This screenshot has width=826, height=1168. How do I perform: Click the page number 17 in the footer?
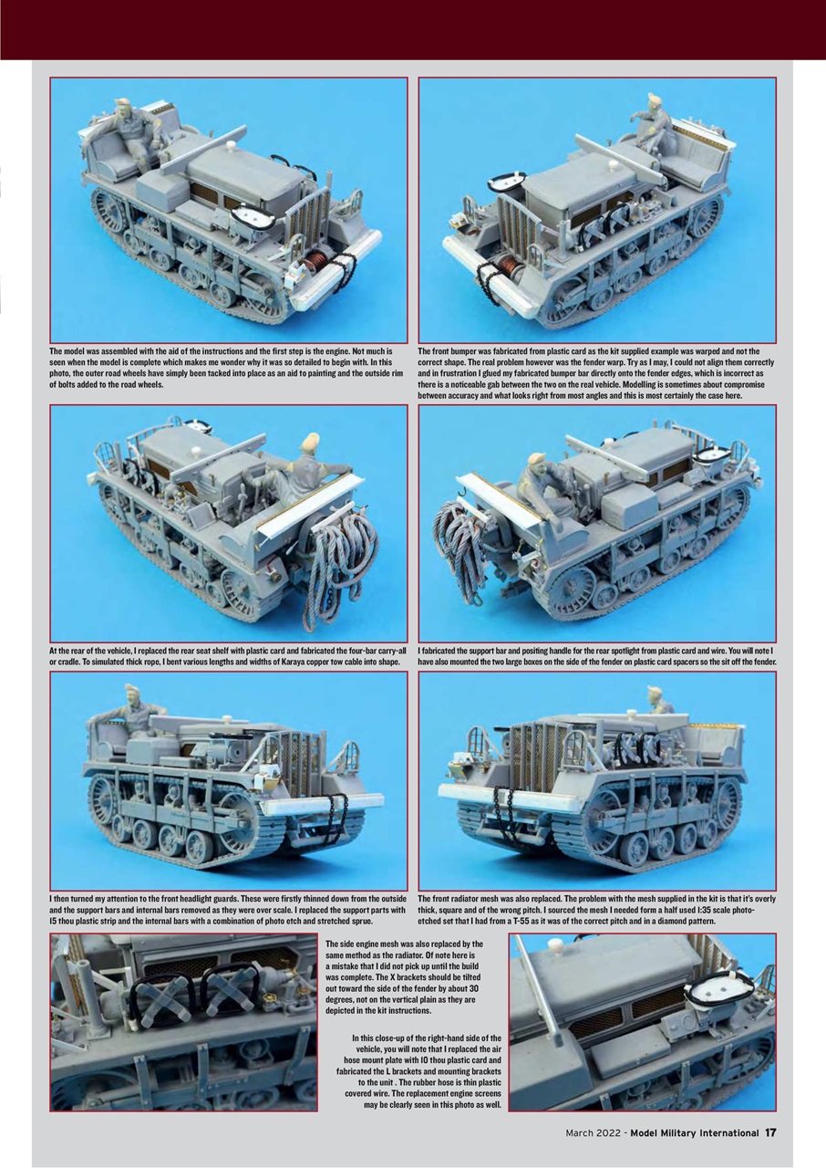pyautogui.click(x=770, y=1133)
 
